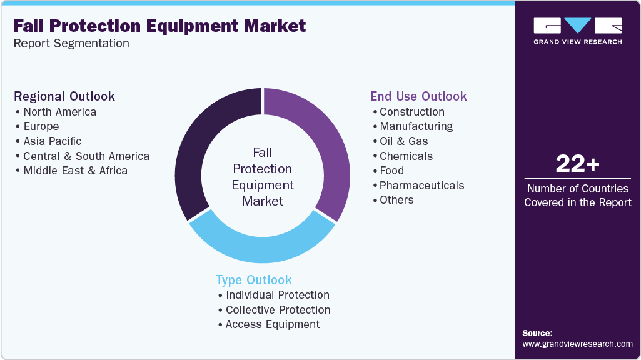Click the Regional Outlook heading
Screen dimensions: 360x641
click(64, 96)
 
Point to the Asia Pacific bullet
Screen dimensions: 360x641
click(53, 141)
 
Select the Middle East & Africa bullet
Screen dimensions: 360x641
click(75, 171)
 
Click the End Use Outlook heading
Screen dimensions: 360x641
click(418, 96)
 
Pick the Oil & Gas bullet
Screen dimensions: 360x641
click(404, 141)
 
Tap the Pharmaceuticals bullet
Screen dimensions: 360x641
click(421, 186)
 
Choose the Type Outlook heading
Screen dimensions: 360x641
click(254, 280)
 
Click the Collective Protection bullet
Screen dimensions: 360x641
click(278, 310)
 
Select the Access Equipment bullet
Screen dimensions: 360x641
click(273, 324)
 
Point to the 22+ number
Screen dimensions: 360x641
click(577, 164)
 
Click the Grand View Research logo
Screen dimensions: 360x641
click(577, 31)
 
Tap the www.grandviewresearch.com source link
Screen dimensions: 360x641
click(577, 344)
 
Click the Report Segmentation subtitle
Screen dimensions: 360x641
click(71, 44)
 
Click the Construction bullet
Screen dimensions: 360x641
click(412, 112)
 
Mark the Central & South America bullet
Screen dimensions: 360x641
click(86, 156)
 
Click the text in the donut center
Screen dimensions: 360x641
click(263, 176)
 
